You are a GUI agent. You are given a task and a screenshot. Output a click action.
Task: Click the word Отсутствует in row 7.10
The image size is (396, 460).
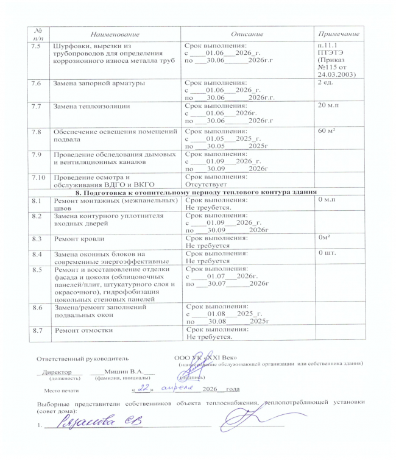pyautogui.click(x=207, y=183)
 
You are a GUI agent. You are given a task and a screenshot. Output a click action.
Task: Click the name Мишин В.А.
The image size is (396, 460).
pyautogui.click(x=125, y=371)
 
